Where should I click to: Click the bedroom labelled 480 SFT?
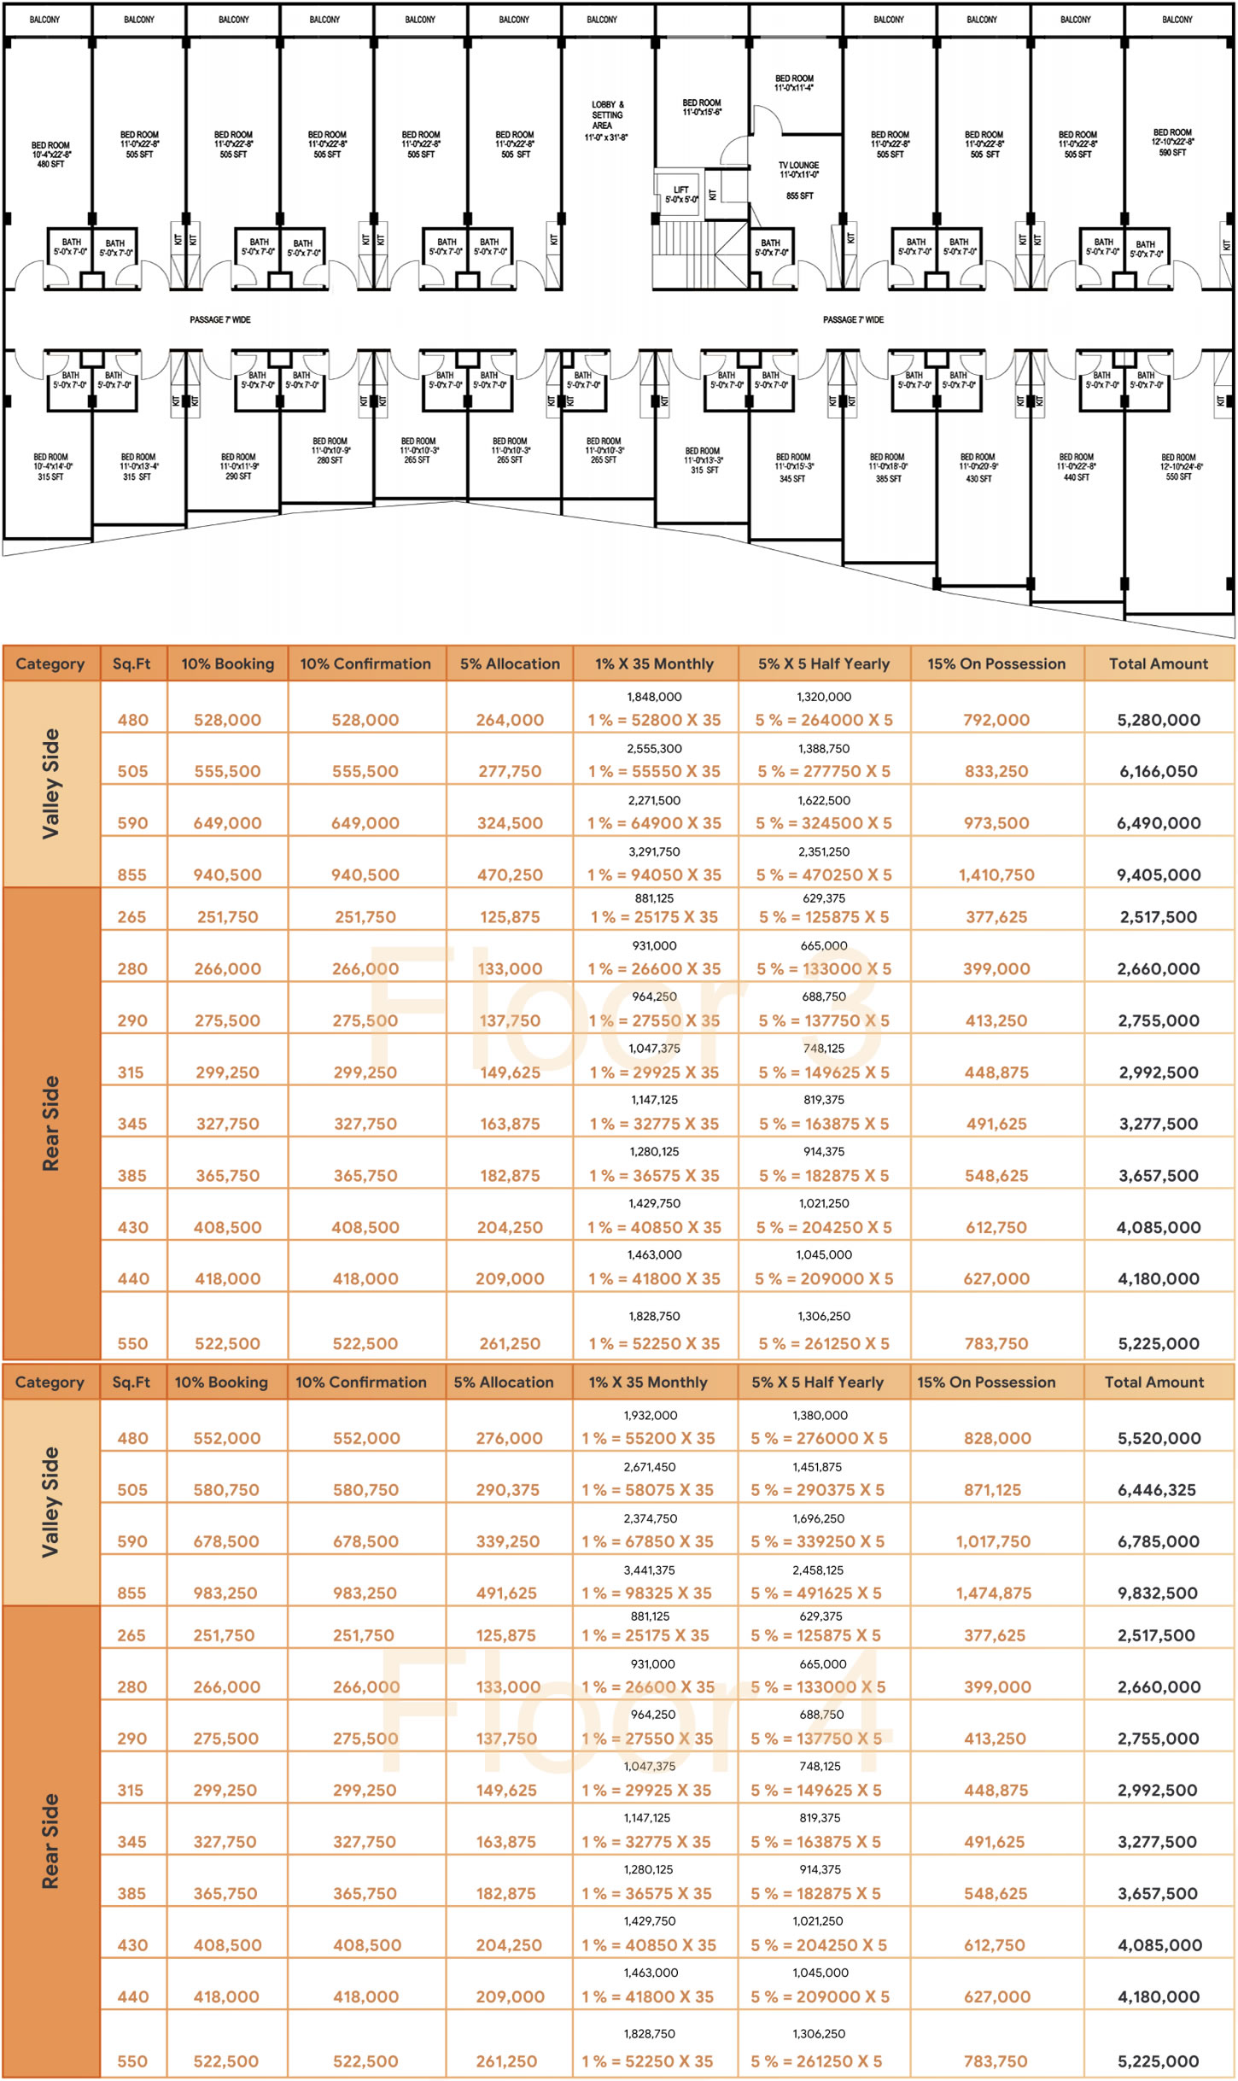click(51, 155)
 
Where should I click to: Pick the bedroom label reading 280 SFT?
click(330, 451)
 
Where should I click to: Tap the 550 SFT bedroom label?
click(1178, 467)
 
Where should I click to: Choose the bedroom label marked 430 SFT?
click(978, 468)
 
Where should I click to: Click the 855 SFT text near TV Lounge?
click(799, 196)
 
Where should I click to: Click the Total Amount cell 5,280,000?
click(1158, 720)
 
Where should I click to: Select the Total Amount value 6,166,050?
click(1158, 771)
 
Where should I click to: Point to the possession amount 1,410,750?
click(996, 874)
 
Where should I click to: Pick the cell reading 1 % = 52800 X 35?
click(654, 720)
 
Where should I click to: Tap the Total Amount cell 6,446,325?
click(1157, 1490)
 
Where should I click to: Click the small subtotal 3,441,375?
click(650, 1570)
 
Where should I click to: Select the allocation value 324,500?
click(510, 823)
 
